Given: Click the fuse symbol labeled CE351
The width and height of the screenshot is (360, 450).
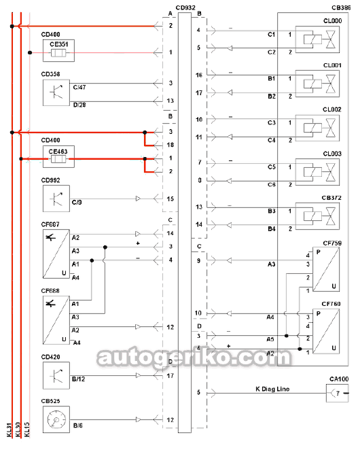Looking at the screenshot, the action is point(58,53).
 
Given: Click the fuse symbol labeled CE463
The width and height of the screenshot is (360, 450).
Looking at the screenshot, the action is point(58,158).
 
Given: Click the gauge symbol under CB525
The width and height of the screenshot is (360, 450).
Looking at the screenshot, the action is point(56,419).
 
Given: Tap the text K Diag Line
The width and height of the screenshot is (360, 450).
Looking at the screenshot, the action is point(272,389).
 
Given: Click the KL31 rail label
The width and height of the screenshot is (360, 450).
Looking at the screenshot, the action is point(10,430).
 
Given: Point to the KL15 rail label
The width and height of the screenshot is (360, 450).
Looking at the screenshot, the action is point(27,430).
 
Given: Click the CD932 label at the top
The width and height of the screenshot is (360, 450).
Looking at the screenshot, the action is point(185,7).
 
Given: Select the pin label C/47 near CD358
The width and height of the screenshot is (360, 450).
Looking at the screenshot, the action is point(79,87).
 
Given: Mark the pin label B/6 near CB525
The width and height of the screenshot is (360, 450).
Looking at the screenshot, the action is point(78,426).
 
